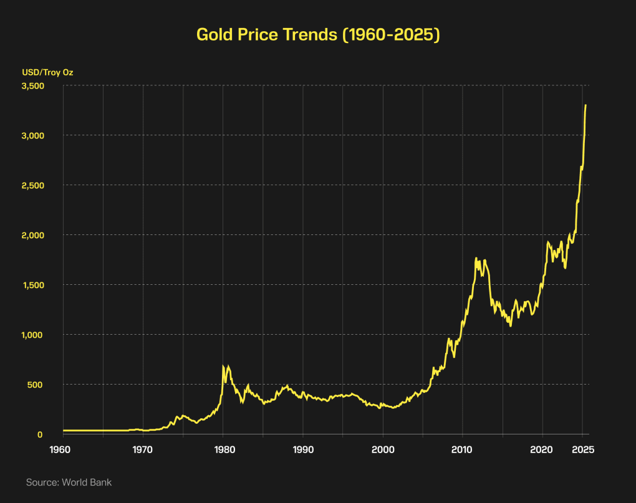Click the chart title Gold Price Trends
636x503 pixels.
coord(318,35)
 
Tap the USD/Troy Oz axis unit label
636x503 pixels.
coord(47,72)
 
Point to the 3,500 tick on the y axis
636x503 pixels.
coord(32,85)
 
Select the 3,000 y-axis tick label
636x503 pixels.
coord(32,135)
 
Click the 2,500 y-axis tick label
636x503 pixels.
coord(32,185)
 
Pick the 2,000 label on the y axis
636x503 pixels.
coord(32,235)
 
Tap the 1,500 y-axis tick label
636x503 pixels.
coord(32,285)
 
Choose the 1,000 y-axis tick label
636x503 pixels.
coord(32,335)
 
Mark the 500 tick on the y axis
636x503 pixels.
coord(35,385)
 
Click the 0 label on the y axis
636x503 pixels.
coord(39,434)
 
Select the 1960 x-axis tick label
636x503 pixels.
coord(64,450)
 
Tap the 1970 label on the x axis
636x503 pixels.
coord(143,450)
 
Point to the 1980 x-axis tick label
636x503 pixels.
coord(223,450)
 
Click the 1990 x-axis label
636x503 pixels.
coord(303,450)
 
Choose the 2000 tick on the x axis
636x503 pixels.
coord(383,450)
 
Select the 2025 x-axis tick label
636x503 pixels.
coord(582,450)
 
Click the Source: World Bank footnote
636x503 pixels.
coord(69,482)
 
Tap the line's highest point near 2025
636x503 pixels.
coord(585,105)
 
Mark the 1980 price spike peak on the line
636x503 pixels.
coord(223,366)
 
